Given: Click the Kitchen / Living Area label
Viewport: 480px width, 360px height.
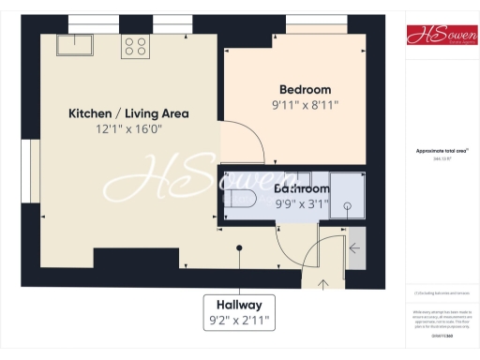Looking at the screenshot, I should (x=128, y=113).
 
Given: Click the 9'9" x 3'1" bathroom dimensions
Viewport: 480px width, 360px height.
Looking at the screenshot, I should (x=302, y=204).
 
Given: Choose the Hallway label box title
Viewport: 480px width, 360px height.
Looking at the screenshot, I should (x=239, y=306).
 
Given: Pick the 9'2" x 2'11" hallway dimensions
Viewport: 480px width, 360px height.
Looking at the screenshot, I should (x=239, y=322).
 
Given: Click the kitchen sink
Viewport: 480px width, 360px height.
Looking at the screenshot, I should (x=72, y=44).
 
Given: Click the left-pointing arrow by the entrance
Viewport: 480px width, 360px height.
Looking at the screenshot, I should (x=354, y=248).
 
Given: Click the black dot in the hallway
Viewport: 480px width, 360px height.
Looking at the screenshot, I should (x=239, y=248).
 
